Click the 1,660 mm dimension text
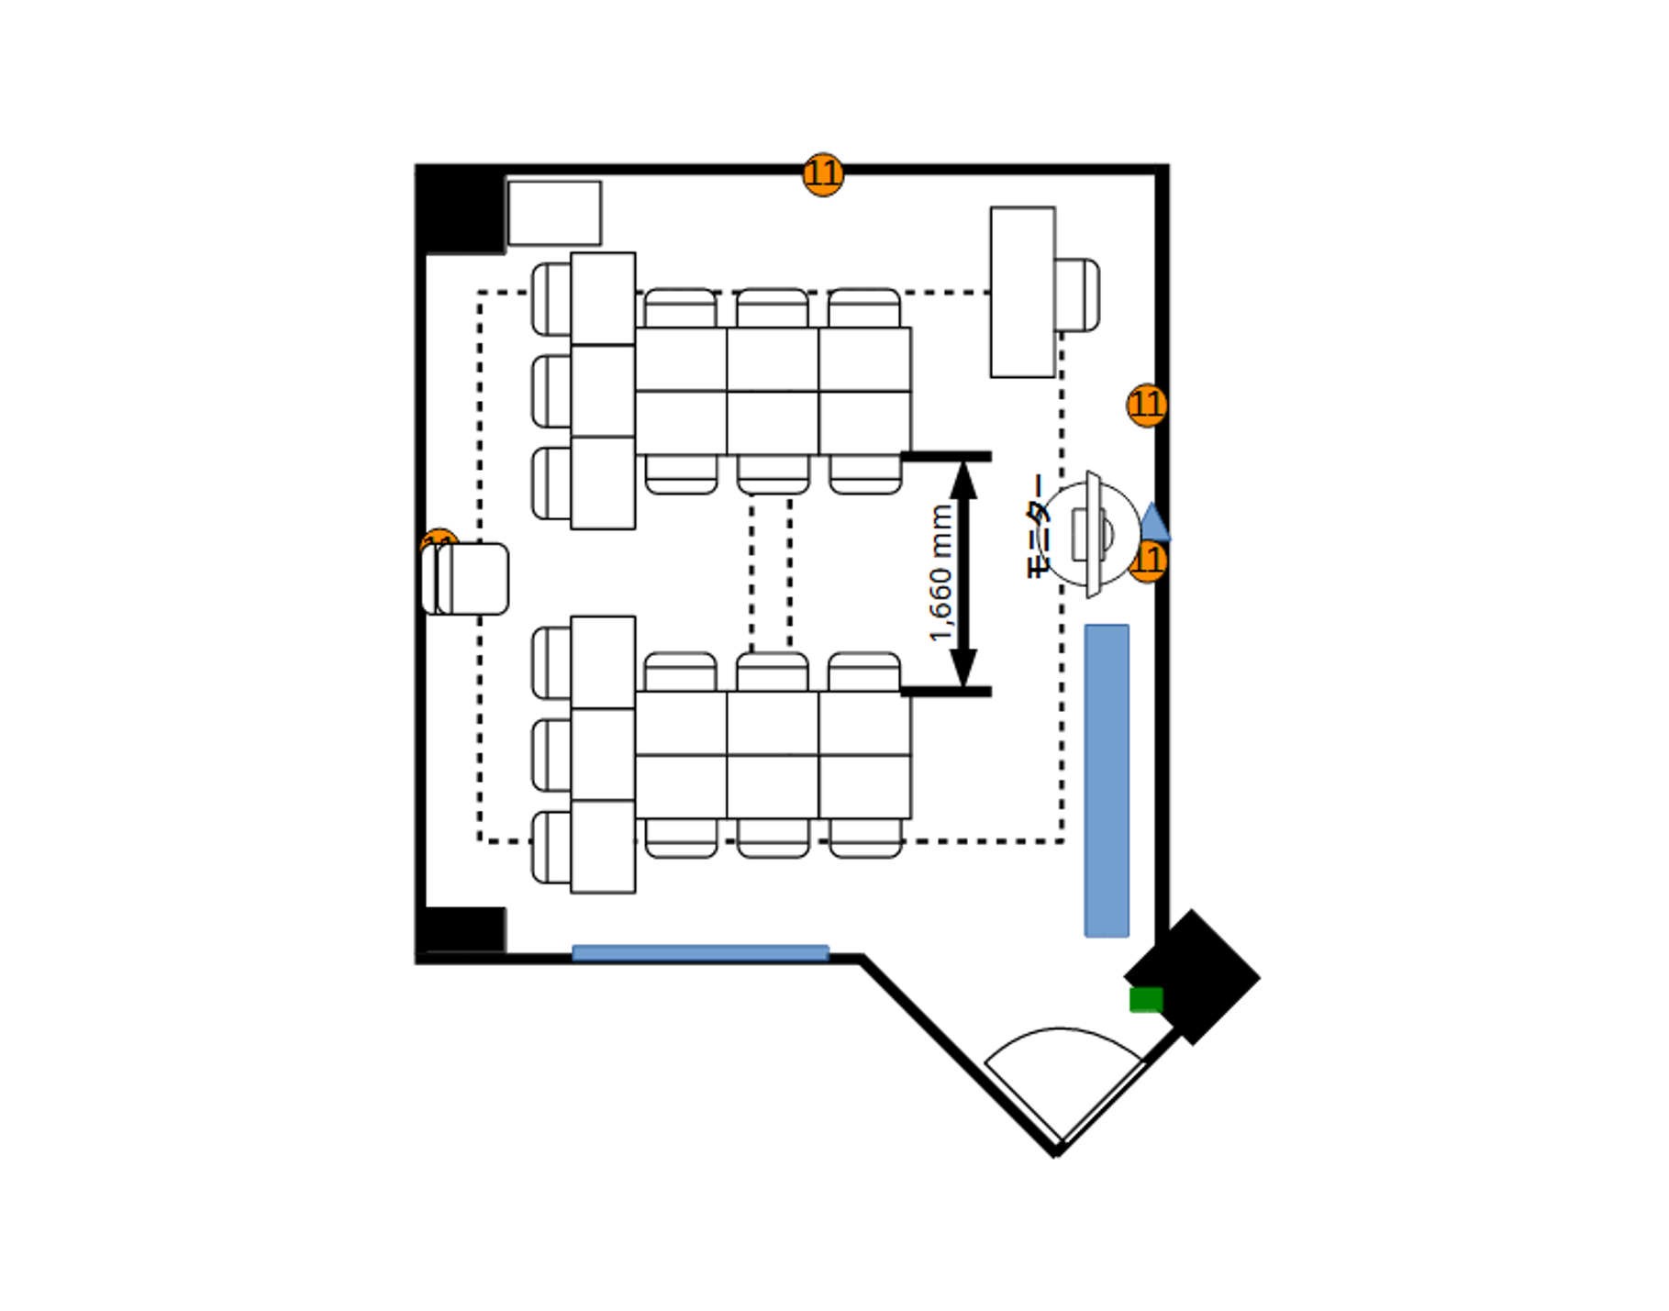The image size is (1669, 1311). (941, 573)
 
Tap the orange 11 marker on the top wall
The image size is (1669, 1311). (822, 173)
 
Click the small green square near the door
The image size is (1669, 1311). (1146, 999)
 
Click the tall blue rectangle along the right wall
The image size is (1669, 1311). (1107, 781)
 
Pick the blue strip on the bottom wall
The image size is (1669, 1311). (700, 952)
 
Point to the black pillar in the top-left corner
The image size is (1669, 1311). (462, 210)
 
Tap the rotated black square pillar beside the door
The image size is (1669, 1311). (1193, 976)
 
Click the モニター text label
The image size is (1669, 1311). (1035, 526)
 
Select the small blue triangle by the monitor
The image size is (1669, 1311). (1155, 523)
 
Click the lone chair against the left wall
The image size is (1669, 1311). (466, 579)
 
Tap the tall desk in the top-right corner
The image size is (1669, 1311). (1022, 292)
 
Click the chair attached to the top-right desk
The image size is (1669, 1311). (1077, 294)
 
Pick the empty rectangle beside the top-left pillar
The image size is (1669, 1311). (554, 213)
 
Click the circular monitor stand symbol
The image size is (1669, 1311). (1092, 533)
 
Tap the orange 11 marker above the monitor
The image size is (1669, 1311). (1146, 405)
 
